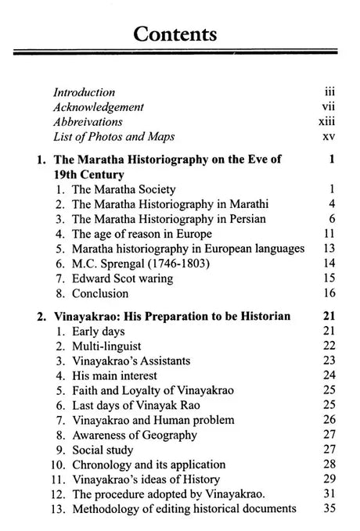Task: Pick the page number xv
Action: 328,137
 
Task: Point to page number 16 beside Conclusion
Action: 329,293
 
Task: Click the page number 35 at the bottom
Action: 329,510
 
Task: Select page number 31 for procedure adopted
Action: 329,495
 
